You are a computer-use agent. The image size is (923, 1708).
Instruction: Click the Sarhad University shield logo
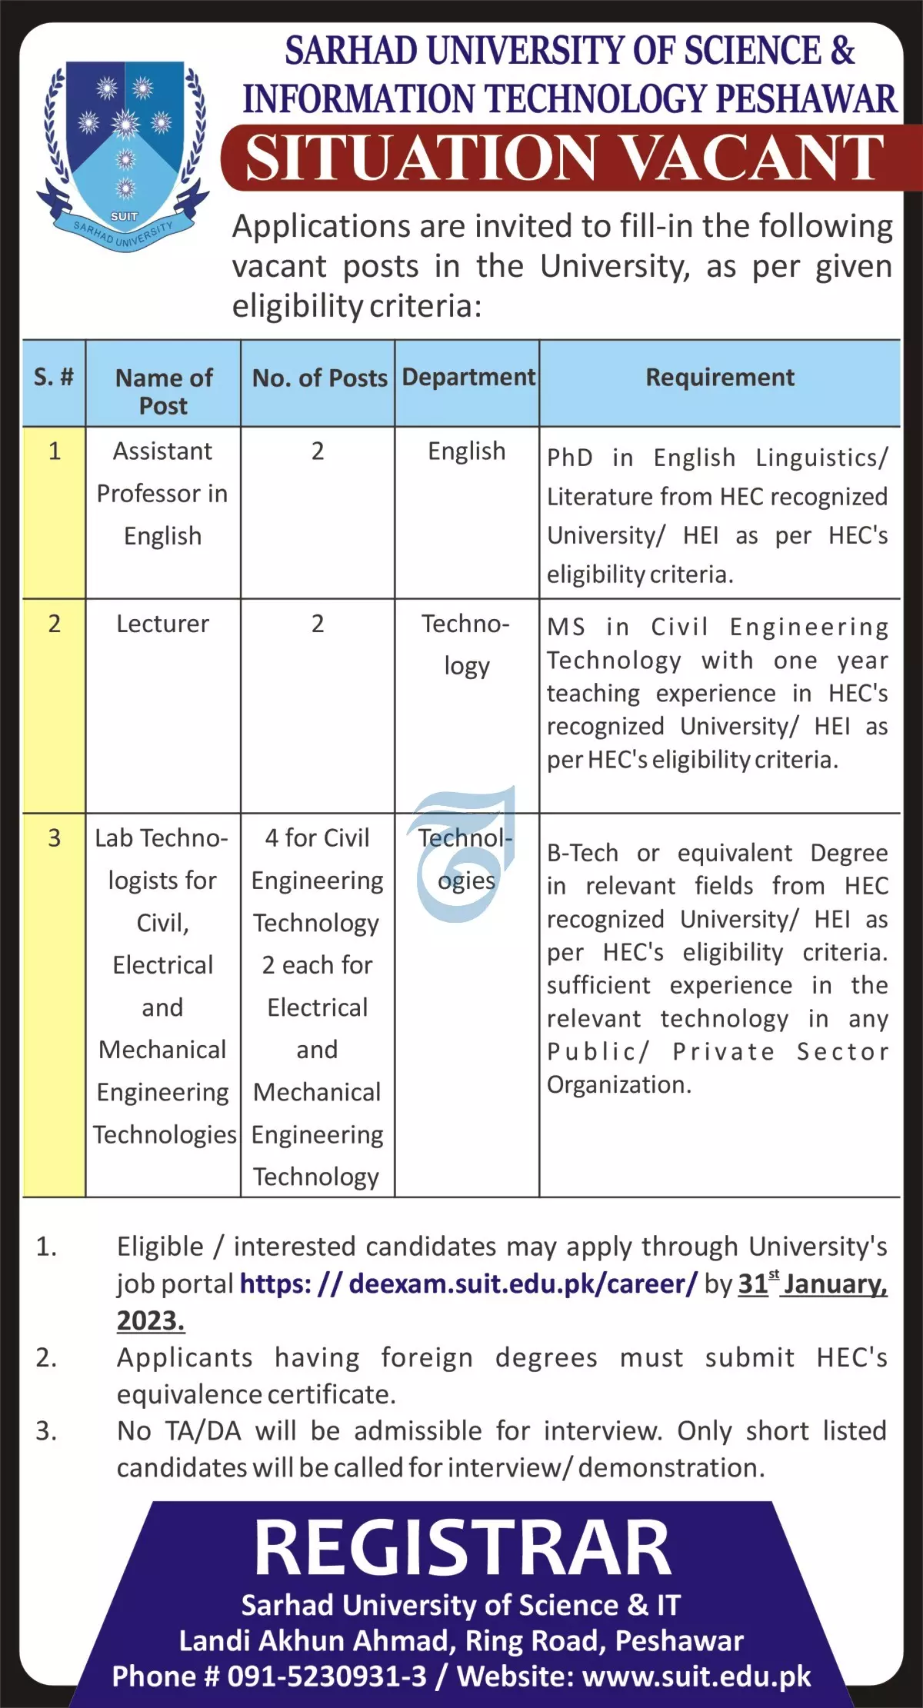click(123, 154)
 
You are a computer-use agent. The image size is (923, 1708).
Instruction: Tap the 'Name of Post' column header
click(163, 391)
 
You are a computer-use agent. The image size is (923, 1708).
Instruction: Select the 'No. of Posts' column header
click(319, 378)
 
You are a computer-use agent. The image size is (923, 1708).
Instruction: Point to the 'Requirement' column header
click(719, 378)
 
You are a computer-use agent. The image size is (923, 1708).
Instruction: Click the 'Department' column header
click(468, 377)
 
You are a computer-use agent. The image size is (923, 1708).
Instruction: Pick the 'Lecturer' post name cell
click(162, 624)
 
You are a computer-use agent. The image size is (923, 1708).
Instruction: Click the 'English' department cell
click(467, 451)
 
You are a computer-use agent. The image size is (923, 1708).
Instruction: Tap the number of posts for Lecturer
click(318, 624)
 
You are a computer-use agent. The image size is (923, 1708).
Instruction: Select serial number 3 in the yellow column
click(54, 837)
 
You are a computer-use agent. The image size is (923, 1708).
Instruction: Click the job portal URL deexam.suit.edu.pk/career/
click(468, 1283)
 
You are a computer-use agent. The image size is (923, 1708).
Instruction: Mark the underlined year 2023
click(151, 1320)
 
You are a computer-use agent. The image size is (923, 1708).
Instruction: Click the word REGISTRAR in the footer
click(462, 1548)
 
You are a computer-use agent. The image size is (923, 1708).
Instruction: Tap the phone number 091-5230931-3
click(326, 1676)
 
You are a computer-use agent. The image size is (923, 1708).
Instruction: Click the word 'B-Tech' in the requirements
click(582, 853)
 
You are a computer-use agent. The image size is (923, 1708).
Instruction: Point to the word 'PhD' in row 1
click(569, 458)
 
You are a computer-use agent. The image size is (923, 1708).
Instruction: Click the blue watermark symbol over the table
click(461, 854)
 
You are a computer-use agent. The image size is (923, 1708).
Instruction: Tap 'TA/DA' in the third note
click(203, 1430)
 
